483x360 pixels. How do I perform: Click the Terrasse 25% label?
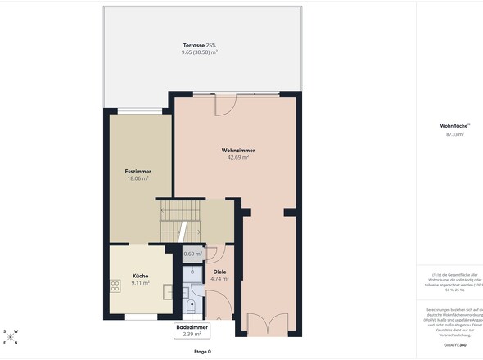(x=200, y=45)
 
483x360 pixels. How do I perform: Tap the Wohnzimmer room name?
(x=237, y=151)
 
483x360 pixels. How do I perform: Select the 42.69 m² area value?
(x=237, y=158)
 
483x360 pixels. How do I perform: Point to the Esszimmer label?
(x=138, y=171)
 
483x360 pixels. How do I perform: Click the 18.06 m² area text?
(x=138, y=178)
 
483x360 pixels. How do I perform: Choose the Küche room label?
(x=140, y=276)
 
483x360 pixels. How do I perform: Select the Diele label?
(x=219, y=272)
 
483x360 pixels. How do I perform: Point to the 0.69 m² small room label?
(x=193, y=254)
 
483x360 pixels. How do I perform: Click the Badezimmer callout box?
(x=193, y=330)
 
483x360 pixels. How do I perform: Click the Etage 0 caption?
(x=202, y=352)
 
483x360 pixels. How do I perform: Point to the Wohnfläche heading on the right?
(x=452, y=126)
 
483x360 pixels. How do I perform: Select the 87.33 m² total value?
(x=455, y=134)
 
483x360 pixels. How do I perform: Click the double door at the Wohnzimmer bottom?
(x=268, y=325)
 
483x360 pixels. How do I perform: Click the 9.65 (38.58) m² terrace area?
(x=200, y=52)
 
